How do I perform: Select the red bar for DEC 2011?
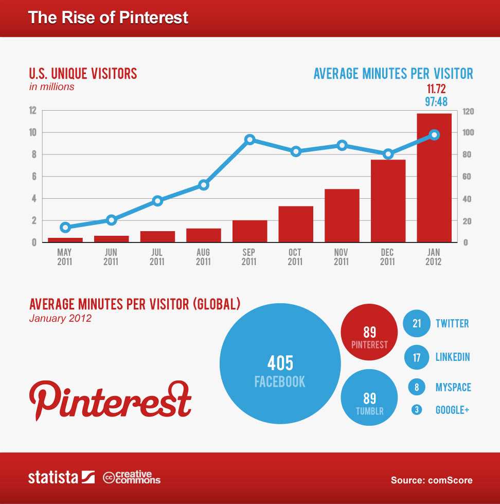tap(388, 201)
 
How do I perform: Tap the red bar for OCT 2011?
tap(296, 224)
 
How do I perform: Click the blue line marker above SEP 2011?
tap(250, 140)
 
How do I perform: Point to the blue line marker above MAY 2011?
tap(65, 227)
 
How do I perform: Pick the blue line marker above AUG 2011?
tap(204, 184)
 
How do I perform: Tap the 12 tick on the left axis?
tap(32, 111)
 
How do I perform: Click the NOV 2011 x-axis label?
tap(341, 257)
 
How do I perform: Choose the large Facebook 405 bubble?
tap(280, 363)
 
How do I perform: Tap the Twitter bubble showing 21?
tap(417, 323)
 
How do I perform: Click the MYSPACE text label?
tap(453, 387)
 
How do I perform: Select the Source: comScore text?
tap(431, 480)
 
